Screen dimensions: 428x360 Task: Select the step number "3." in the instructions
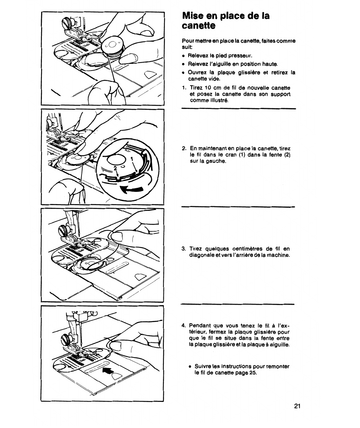coord(183,249)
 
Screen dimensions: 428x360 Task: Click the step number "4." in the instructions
coord(183,325)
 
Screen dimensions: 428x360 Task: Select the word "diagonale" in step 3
coord(201,255)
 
